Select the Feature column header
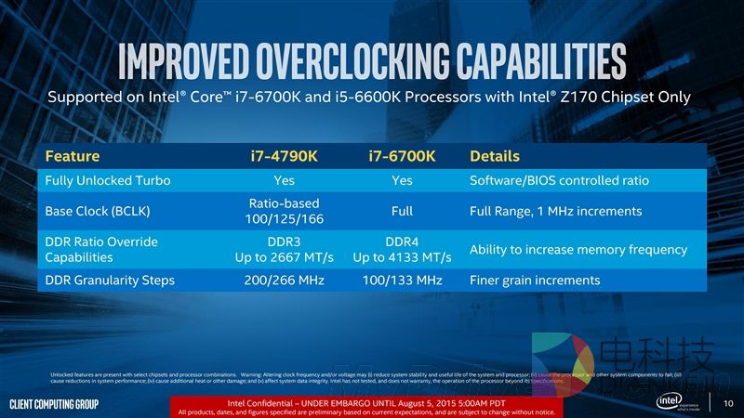click(x=72, y=156)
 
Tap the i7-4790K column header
click(x=285, y=156)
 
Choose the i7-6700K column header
click(x=402, y=156)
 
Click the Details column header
click(x=495, y=156)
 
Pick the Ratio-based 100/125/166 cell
click(x=285, y=211)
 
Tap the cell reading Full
click(x=402, y=211)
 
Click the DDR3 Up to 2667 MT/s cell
click(x=285, y=249)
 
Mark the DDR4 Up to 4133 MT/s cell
click(x=402, y=249)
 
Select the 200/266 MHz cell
click(x=285, y=280)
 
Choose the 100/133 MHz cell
click(x=402, y=280)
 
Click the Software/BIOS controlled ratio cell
click(x=559, y=180)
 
